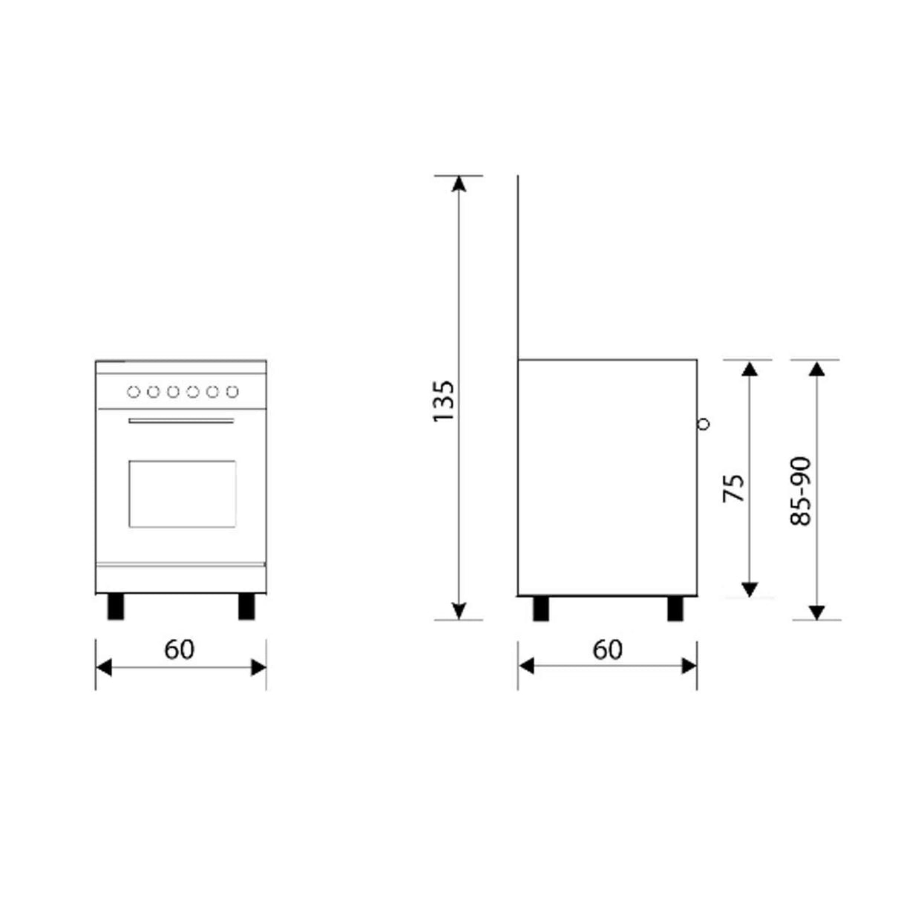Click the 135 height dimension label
tap(443, 402)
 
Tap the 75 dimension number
tap(733, 488)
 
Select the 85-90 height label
tap(802, 491)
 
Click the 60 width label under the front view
tap(180, 649)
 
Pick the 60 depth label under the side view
tap(608, 649)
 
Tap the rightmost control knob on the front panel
tap(232, 391)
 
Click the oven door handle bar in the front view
tap(181, 422)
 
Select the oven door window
tap(183, 494)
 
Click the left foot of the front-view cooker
tap(116, 606)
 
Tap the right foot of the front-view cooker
tap(246, 606)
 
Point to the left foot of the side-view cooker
tap(542, 608)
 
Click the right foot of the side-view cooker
tap(675, 608)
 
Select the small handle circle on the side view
tap(704, 424)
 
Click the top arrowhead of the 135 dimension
tap(459, 183)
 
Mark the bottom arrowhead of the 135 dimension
tap(459, 611)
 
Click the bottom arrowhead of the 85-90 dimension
tap(817, 612)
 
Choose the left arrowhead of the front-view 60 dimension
tap(103, 668)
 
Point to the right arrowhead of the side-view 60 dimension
tap(689, 666)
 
